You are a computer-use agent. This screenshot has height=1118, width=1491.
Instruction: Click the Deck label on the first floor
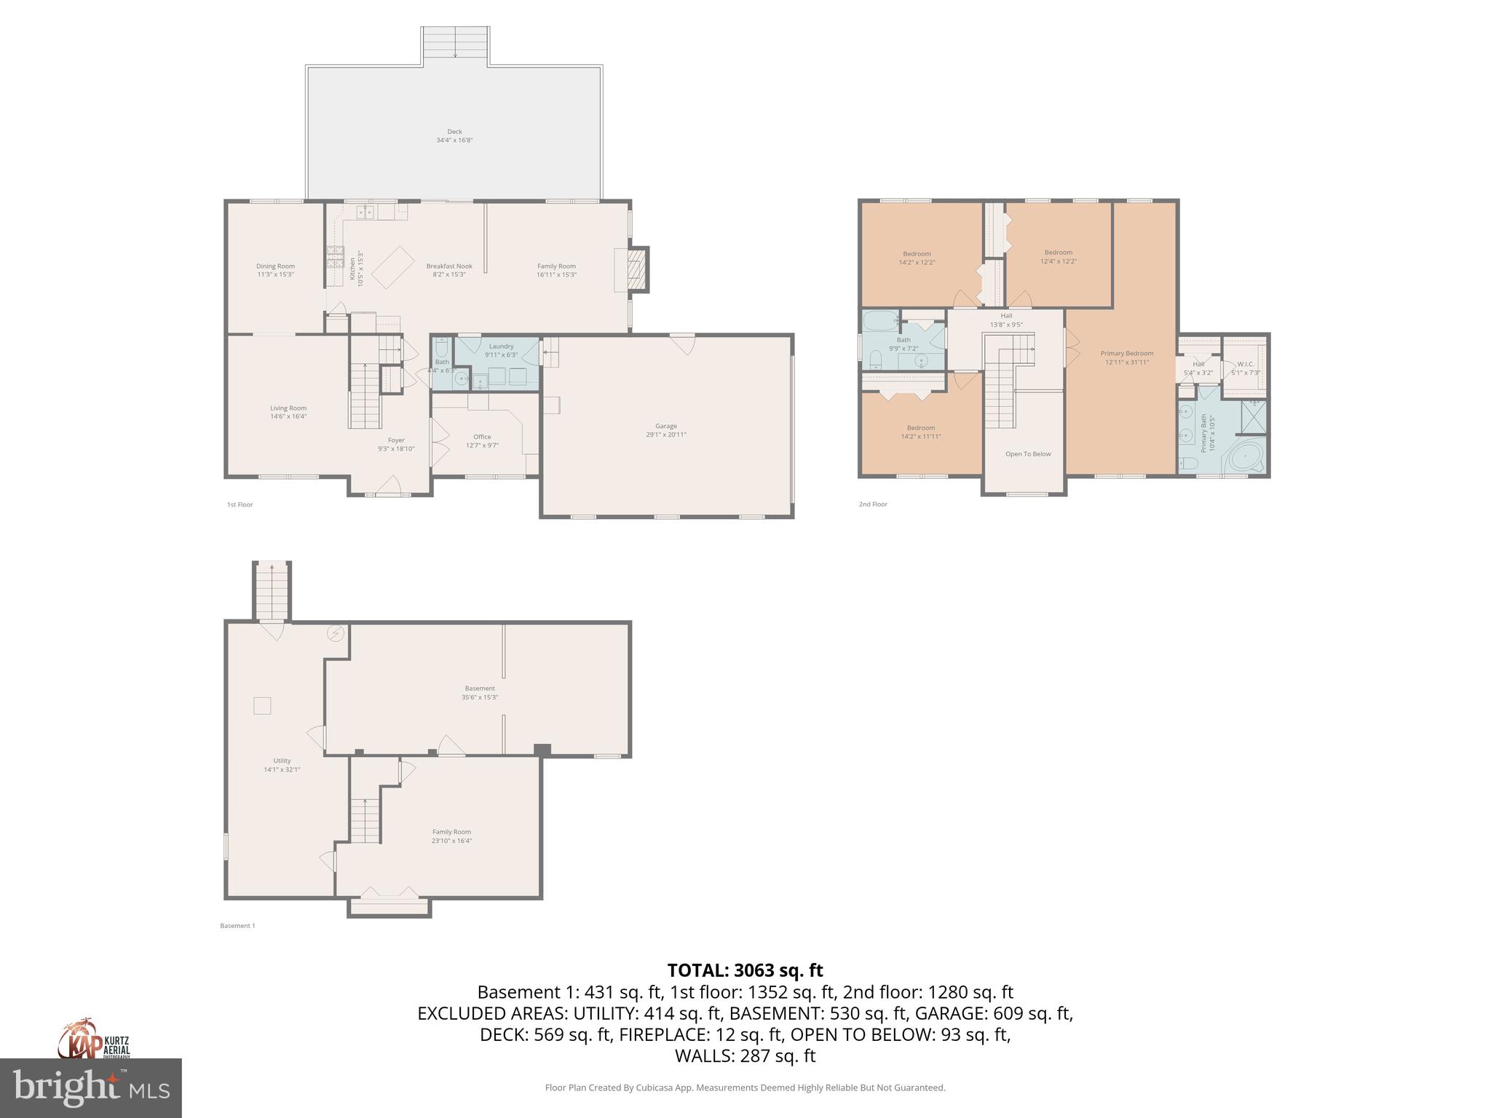tap(454, 132)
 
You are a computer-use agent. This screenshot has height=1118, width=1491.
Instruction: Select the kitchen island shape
tap(393, 267)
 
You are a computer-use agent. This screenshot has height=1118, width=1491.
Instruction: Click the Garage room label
tap(665, 426)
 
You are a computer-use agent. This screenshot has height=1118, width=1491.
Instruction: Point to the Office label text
tap(482, 437)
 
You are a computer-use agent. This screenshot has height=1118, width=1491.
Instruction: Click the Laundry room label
tap(501, 346)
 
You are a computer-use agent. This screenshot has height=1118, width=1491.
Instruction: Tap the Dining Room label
tap(275, 266)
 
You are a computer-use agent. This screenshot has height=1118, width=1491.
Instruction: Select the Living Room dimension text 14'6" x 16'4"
tap(288, 416)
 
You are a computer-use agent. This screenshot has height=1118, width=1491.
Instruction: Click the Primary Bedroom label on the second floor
tap(1126, 354)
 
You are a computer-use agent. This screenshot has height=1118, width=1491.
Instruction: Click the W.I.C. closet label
tap(1245, 364)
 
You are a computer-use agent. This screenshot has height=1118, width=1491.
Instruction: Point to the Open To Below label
tap(1028, 454)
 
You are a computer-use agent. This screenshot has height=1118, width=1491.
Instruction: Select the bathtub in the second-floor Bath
tap(879, 320)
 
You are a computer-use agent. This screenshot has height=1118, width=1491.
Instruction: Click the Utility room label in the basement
tap(282, 761)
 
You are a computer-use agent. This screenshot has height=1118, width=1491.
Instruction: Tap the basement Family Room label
tap(451, 832)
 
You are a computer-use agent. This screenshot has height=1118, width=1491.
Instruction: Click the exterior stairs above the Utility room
tap(272, 590)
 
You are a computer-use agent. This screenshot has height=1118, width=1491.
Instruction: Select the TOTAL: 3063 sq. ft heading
tap(745, 970)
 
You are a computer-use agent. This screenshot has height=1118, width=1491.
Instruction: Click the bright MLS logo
tap(90, 1087)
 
